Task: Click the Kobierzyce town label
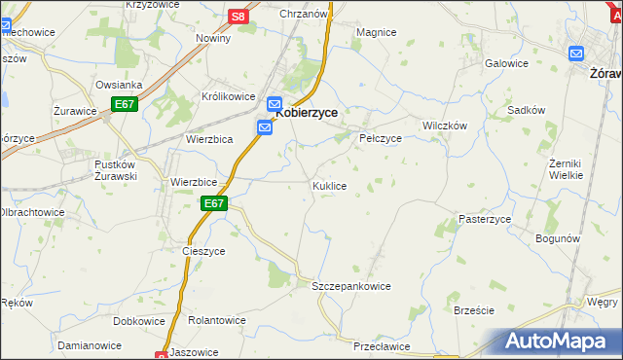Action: (x=307, y=112)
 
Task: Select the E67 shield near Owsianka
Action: (x=124, y=104)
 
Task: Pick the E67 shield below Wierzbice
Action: (x=215, y=203)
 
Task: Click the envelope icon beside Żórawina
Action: (x=577, y=55)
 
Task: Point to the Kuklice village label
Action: (x=329, y=185)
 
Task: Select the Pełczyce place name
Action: (x=381, y=138)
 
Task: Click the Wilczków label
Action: (x=445, y=126)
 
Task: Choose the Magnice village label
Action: (x=376, y=32)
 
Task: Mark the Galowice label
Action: (x=506, y=63)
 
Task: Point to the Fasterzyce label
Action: (x=485, y=219)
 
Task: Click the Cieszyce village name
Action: (x=203, y=250)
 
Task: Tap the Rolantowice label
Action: (x=217, y=319)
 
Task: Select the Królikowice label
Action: (x=228, y=97)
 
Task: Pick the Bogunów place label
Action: (x=559, y=237)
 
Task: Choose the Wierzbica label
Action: (x=208, y=139)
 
